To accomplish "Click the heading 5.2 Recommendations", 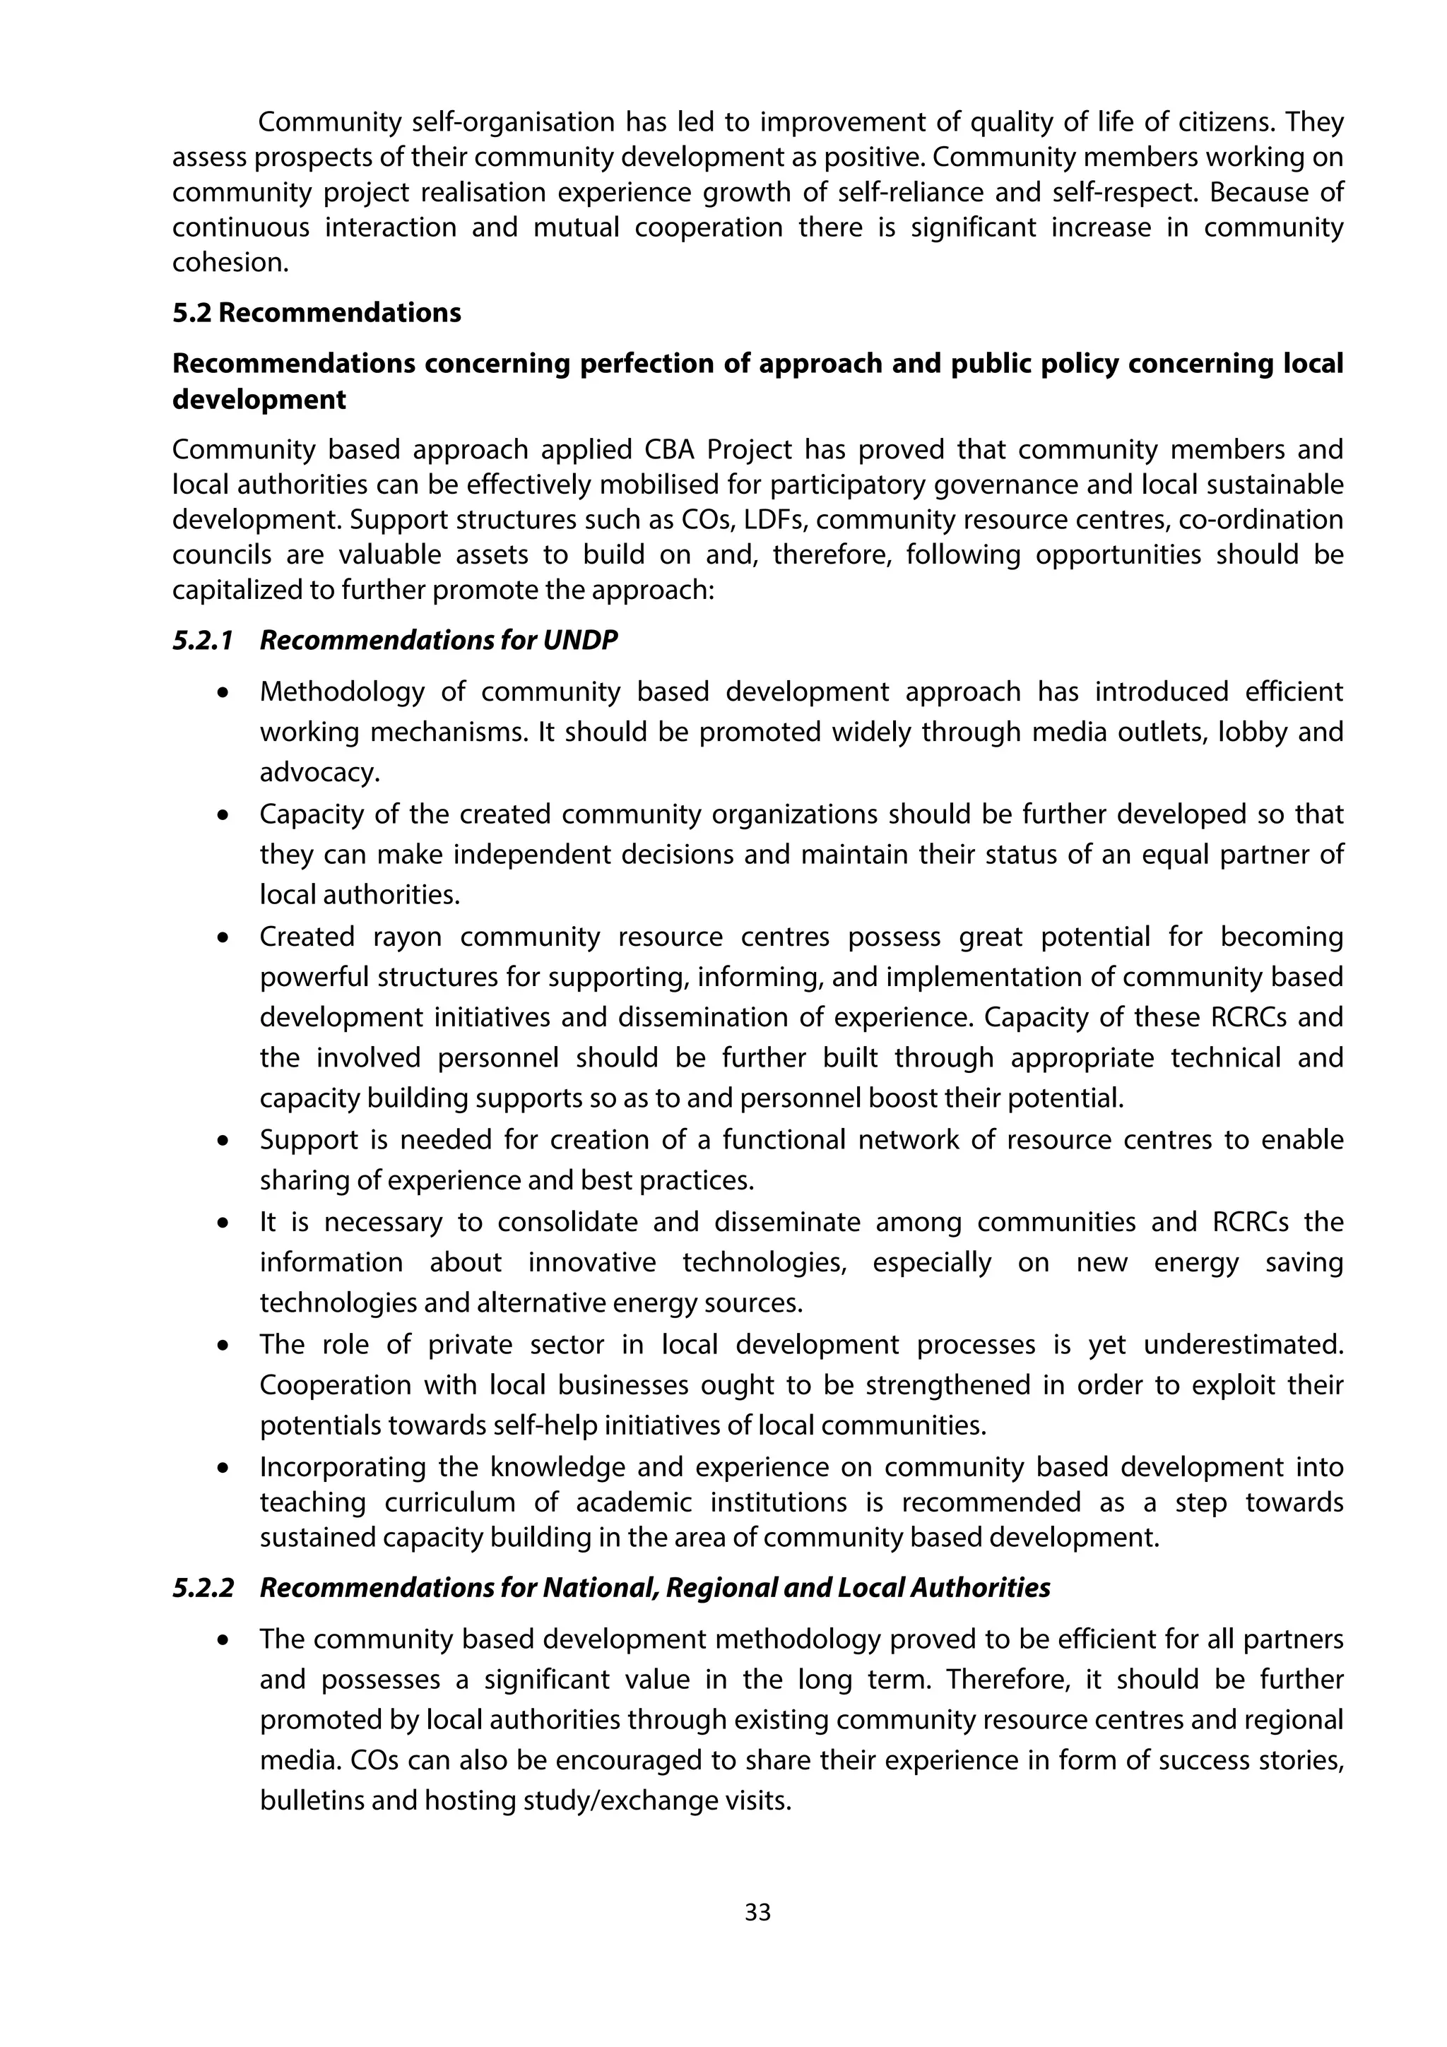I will [317, 313].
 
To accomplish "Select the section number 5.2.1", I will [202, 640].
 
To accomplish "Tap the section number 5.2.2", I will [202, 1588].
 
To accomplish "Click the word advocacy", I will [319, 773].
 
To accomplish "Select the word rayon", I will [406, 937].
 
